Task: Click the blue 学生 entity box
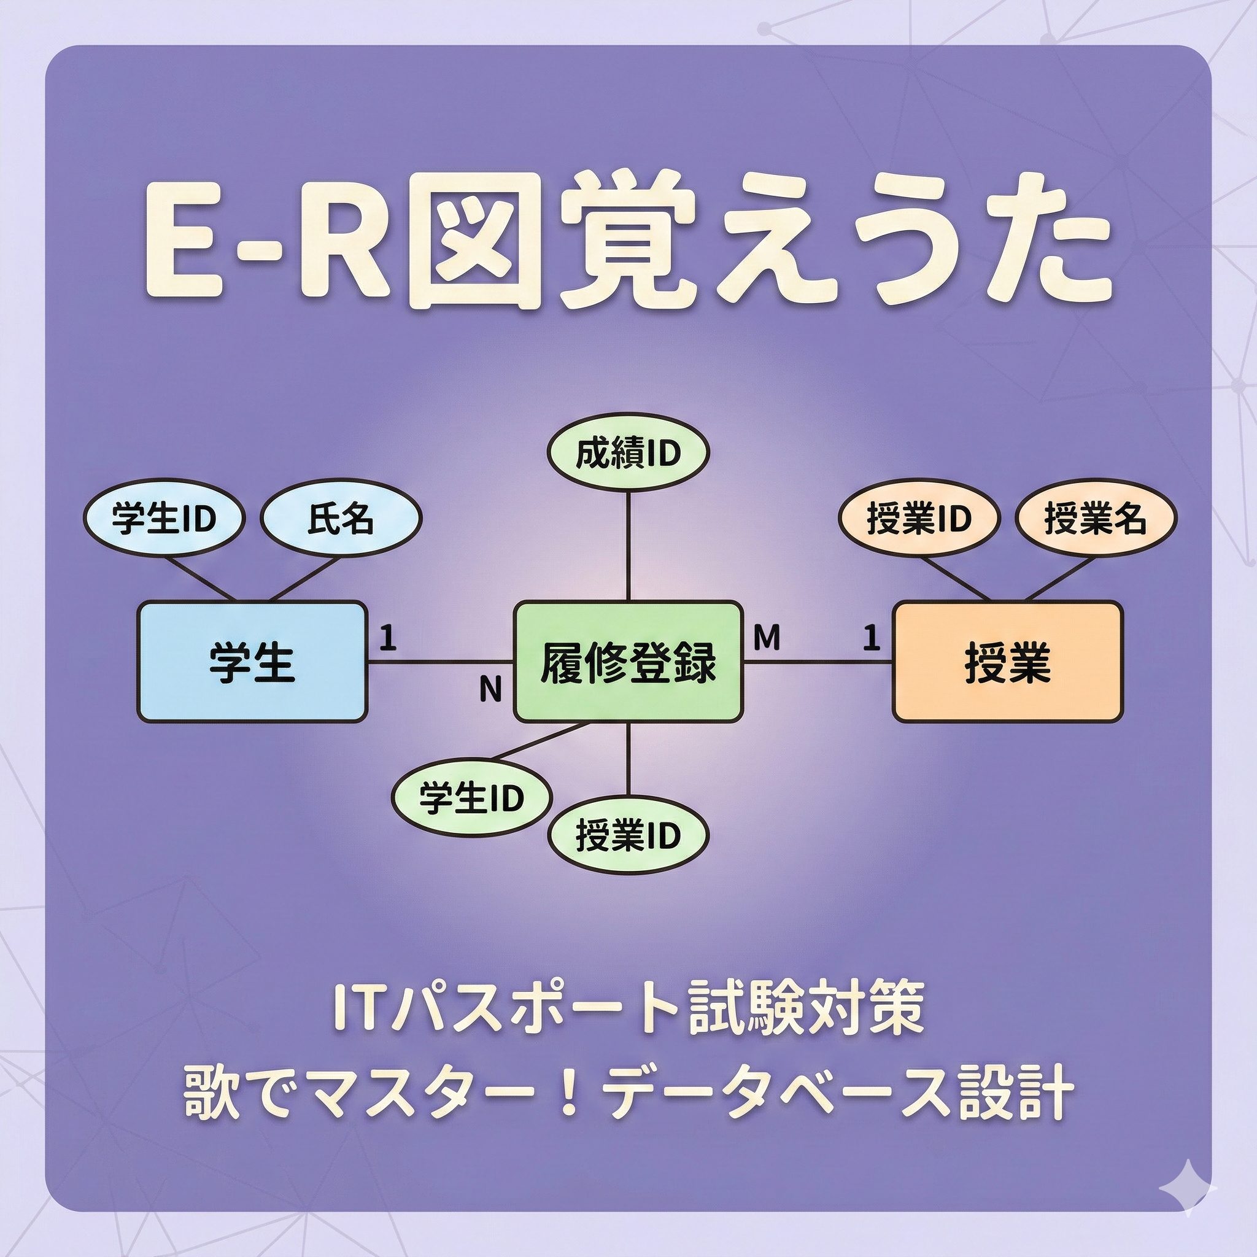tap(252, 662)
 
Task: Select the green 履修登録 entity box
tap(628, 662)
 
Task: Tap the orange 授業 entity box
tap(1007, 662)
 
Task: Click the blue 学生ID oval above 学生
tap(163, 519)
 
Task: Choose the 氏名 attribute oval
tap(341, 519)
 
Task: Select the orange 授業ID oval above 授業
tap(919, 519)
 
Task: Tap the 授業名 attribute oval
tap(1096, 519)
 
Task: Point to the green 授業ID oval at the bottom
tap(628, 835)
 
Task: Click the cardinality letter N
tap(490, 690)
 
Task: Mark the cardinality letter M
tap(767, 638)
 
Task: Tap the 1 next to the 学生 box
tap(388, 638)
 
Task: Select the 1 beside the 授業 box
tap(871, 638)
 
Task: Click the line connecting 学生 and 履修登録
tap(441, 662)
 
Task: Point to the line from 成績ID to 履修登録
tap(628, 546)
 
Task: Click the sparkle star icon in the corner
tap(1188, 1188)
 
